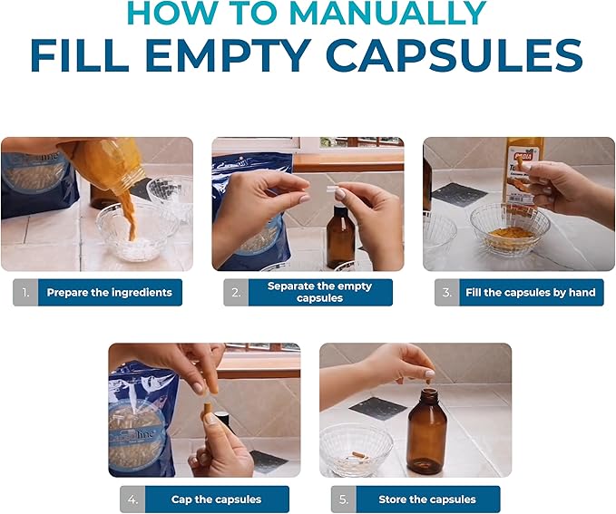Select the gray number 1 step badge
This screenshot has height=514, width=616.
coord(24,293)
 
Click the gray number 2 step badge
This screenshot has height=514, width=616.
coord(236,293)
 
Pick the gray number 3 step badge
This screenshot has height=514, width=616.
coord(446,293)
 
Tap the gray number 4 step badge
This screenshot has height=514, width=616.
coord(132,499)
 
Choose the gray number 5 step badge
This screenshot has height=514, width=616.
coord(342,499)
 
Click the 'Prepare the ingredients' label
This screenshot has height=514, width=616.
coord(109,293)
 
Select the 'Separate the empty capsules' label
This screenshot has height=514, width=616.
coord(319,293)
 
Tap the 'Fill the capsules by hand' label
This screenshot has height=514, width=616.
coord(531,293)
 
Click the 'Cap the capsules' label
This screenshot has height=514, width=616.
coord(216,499)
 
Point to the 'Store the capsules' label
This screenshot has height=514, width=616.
coord(426,499)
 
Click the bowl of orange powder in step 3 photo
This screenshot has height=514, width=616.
coord(510,231)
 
